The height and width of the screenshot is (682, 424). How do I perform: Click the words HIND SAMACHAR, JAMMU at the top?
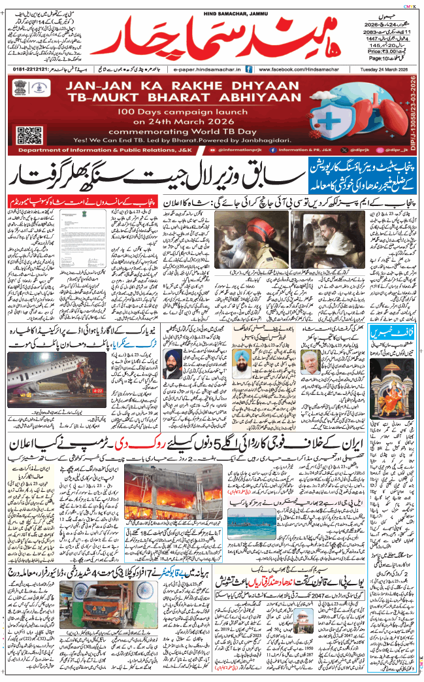click(212, 7)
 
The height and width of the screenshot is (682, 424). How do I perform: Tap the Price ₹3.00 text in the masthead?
click(383, 50)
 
